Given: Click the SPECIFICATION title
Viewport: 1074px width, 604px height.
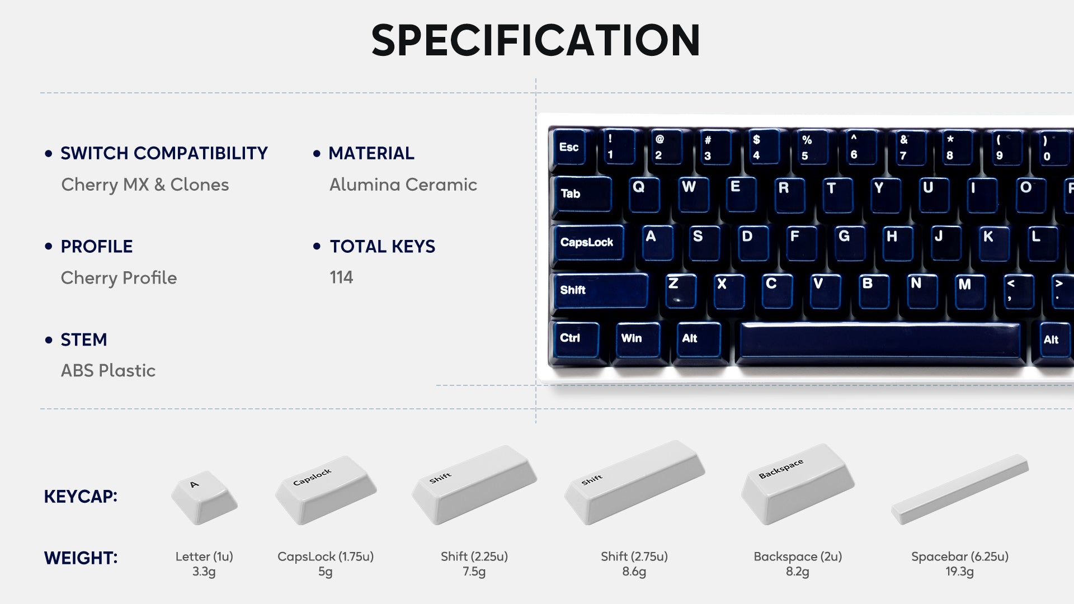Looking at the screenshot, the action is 536,40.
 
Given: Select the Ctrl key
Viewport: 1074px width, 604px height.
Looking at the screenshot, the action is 574,340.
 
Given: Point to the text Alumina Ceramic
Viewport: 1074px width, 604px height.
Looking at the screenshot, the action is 403,185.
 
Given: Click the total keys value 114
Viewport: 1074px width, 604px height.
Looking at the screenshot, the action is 341,277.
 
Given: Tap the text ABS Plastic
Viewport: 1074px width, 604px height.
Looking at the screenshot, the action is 108,370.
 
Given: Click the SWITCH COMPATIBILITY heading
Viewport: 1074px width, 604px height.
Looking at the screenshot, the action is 164,153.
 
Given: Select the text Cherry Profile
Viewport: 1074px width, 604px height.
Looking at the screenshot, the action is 119,278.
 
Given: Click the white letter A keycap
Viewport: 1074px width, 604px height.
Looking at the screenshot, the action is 204,497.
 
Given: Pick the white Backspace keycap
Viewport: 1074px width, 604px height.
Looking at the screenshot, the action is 798,484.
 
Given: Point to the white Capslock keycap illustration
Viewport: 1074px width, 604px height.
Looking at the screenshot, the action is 326,490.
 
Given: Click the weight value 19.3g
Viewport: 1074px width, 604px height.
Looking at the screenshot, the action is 959,572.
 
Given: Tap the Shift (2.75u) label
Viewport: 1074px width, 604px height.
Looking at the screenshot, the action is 634,556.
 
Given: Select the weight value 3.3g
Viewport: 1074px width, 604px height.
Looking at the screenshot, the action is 204,572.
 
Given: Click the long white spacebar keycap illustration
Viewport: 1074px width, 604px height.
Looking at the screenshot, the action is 960,489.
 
